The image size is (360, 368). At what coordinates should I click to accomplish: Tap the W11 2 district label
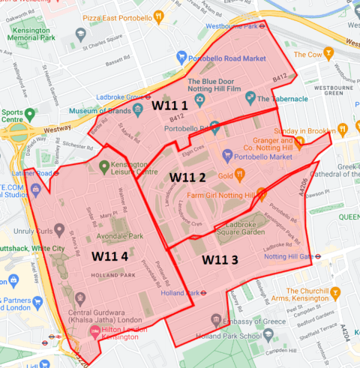point(187,177)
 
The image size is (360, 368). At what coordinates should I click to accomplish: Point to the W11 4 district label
point(115,256)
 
